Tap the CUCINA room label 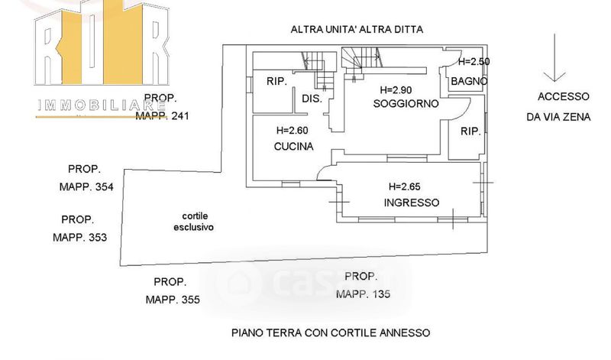point(293,147)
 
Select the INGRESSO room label point(411,203)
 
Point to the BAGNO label point(469,81)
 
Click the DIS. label point(312,99)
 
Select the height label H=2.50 point(473,61)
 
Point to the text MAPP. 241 point(162,116)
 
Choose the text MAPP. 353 point(79,237)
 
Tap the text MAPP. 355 point(173,300)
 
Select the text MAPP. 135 point(362,294)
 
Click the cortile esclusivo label point(193,222)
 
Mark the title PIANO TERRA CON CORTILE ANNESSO point(331,333)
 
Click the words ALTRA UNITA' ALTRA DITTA point(357,30)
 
